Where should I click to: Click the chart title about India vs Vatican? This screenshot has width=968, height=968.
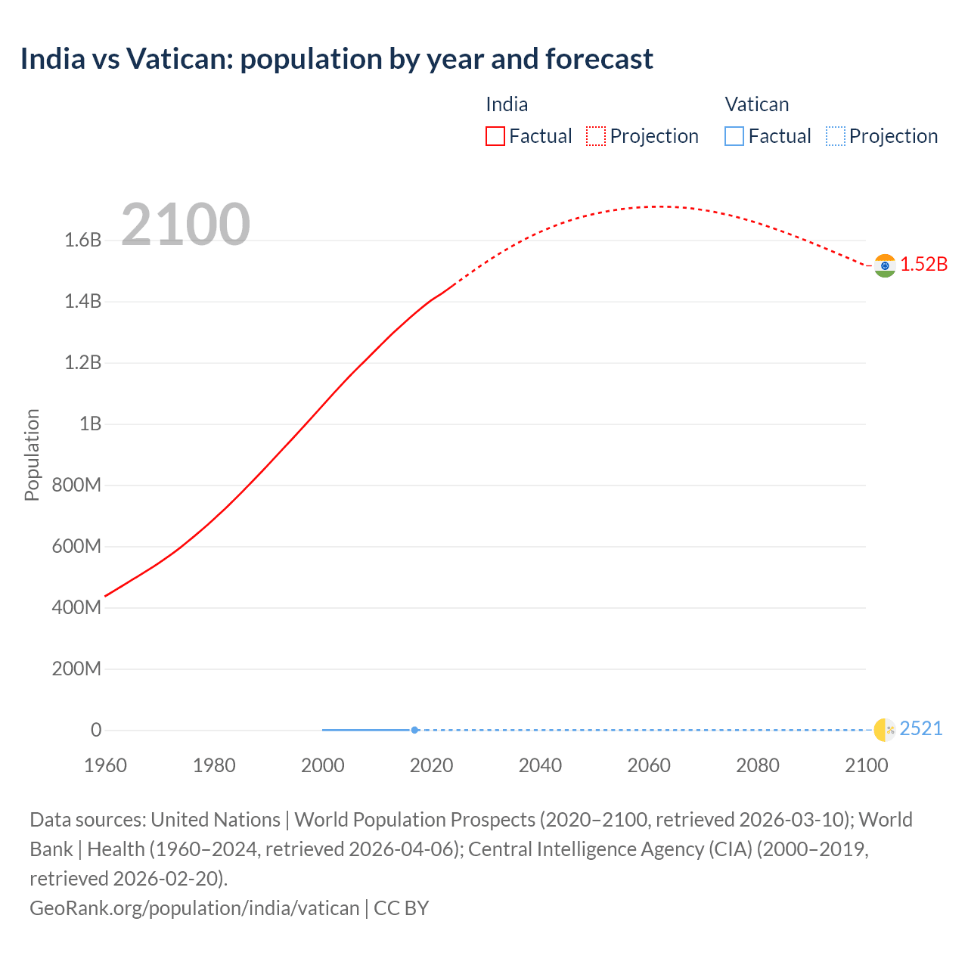pyautogui.click(x=337, y=59)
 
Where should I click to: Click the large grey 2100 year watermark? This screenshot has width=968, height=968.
pyautogui.click(x=185, y=224)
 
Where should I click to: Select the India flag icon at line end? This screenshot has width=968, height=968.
pyautogui.click(x=885, y=265)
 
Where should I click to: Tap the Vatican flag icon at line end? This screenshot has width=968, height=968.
pyautogui.click(x=885, y=730)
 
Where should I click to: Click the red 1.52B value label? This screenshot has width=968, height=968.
pyautogui.click(x=923, y=264)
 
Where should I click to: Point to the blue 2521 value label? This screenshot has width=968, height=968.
pyautogui.click(x=921, y=728)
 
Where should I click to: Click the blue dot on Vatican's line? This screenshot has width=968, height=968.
pyautogui.click(x=414, y=730)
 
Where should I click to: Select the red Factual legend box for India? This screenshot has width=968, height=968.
pyautogui.click(x=495, y=136)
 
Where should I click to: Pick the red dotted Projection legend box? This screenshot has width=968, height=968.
pyautogui.click(x=596, y=136)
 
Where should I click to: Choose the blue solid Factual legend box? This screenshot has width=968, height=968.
pyautogui.click(x=734, y=136)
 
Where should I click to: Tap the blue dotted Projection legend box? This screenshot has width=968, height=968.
pyautogui.click(x=835, y=136)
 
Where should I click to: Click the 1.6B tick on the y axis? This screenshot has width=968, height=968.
pyautogui.click(x=82, y=240)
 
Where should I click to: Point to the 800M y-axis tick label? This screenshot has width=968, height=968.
pyautogui.click(x=76, y=485)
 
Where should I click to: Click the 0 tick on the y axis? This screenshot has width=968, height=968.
pyautogui.click(x=96, y=730)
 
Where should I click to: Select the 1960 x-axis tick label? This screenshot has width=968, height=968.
pyautogui.click(x=105, y=765)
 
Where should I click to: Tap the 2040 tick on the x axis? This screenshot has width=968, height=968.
pyautogui.click(x=540, y=765)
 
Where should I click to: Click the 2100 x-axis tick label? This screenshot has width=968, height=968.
pyautogui.click(x=866, y=765)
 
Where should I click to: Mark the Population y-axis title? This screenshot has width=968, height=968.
pyautogui.click(x=32, y=455)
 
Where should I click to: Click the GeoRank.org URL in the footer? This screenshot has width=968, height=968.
pyautogui.click(x=194, y=907)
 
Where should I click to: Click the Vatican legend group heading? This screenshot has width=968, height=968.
pyautogui.click(x=756, y=104)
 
